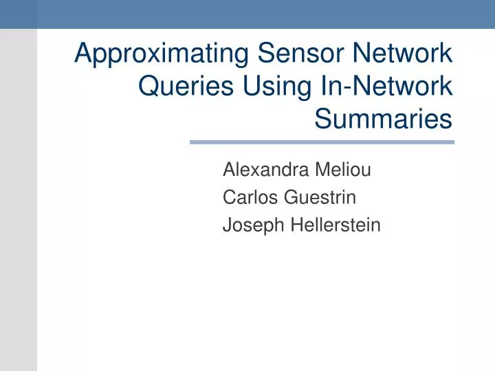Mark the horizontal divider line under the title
pyautogui.click(x=322, y=142)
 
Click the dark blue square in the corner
pyautogui.click(x=18, y=14)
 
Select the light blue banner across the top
pyautogui.click(x=265, y=14)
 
